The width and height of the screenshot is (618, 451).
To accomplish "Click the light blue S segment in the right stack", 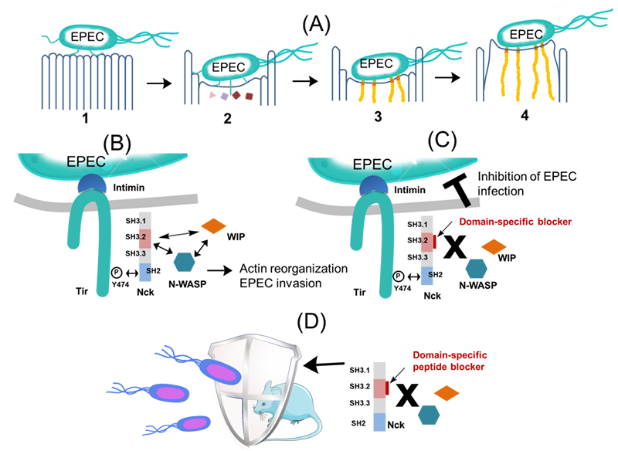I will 429,275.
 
